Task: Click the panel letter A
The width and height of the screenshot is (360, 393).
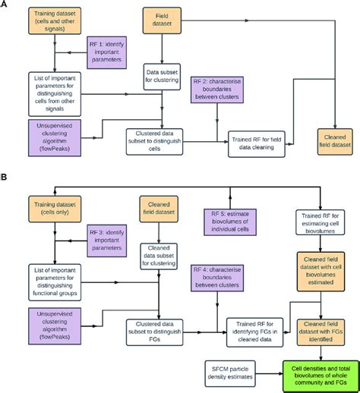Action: (x=6, y=6)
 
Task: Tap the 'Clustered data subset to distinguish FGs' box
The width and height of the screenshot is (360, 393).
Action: (x=162, y=331)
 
